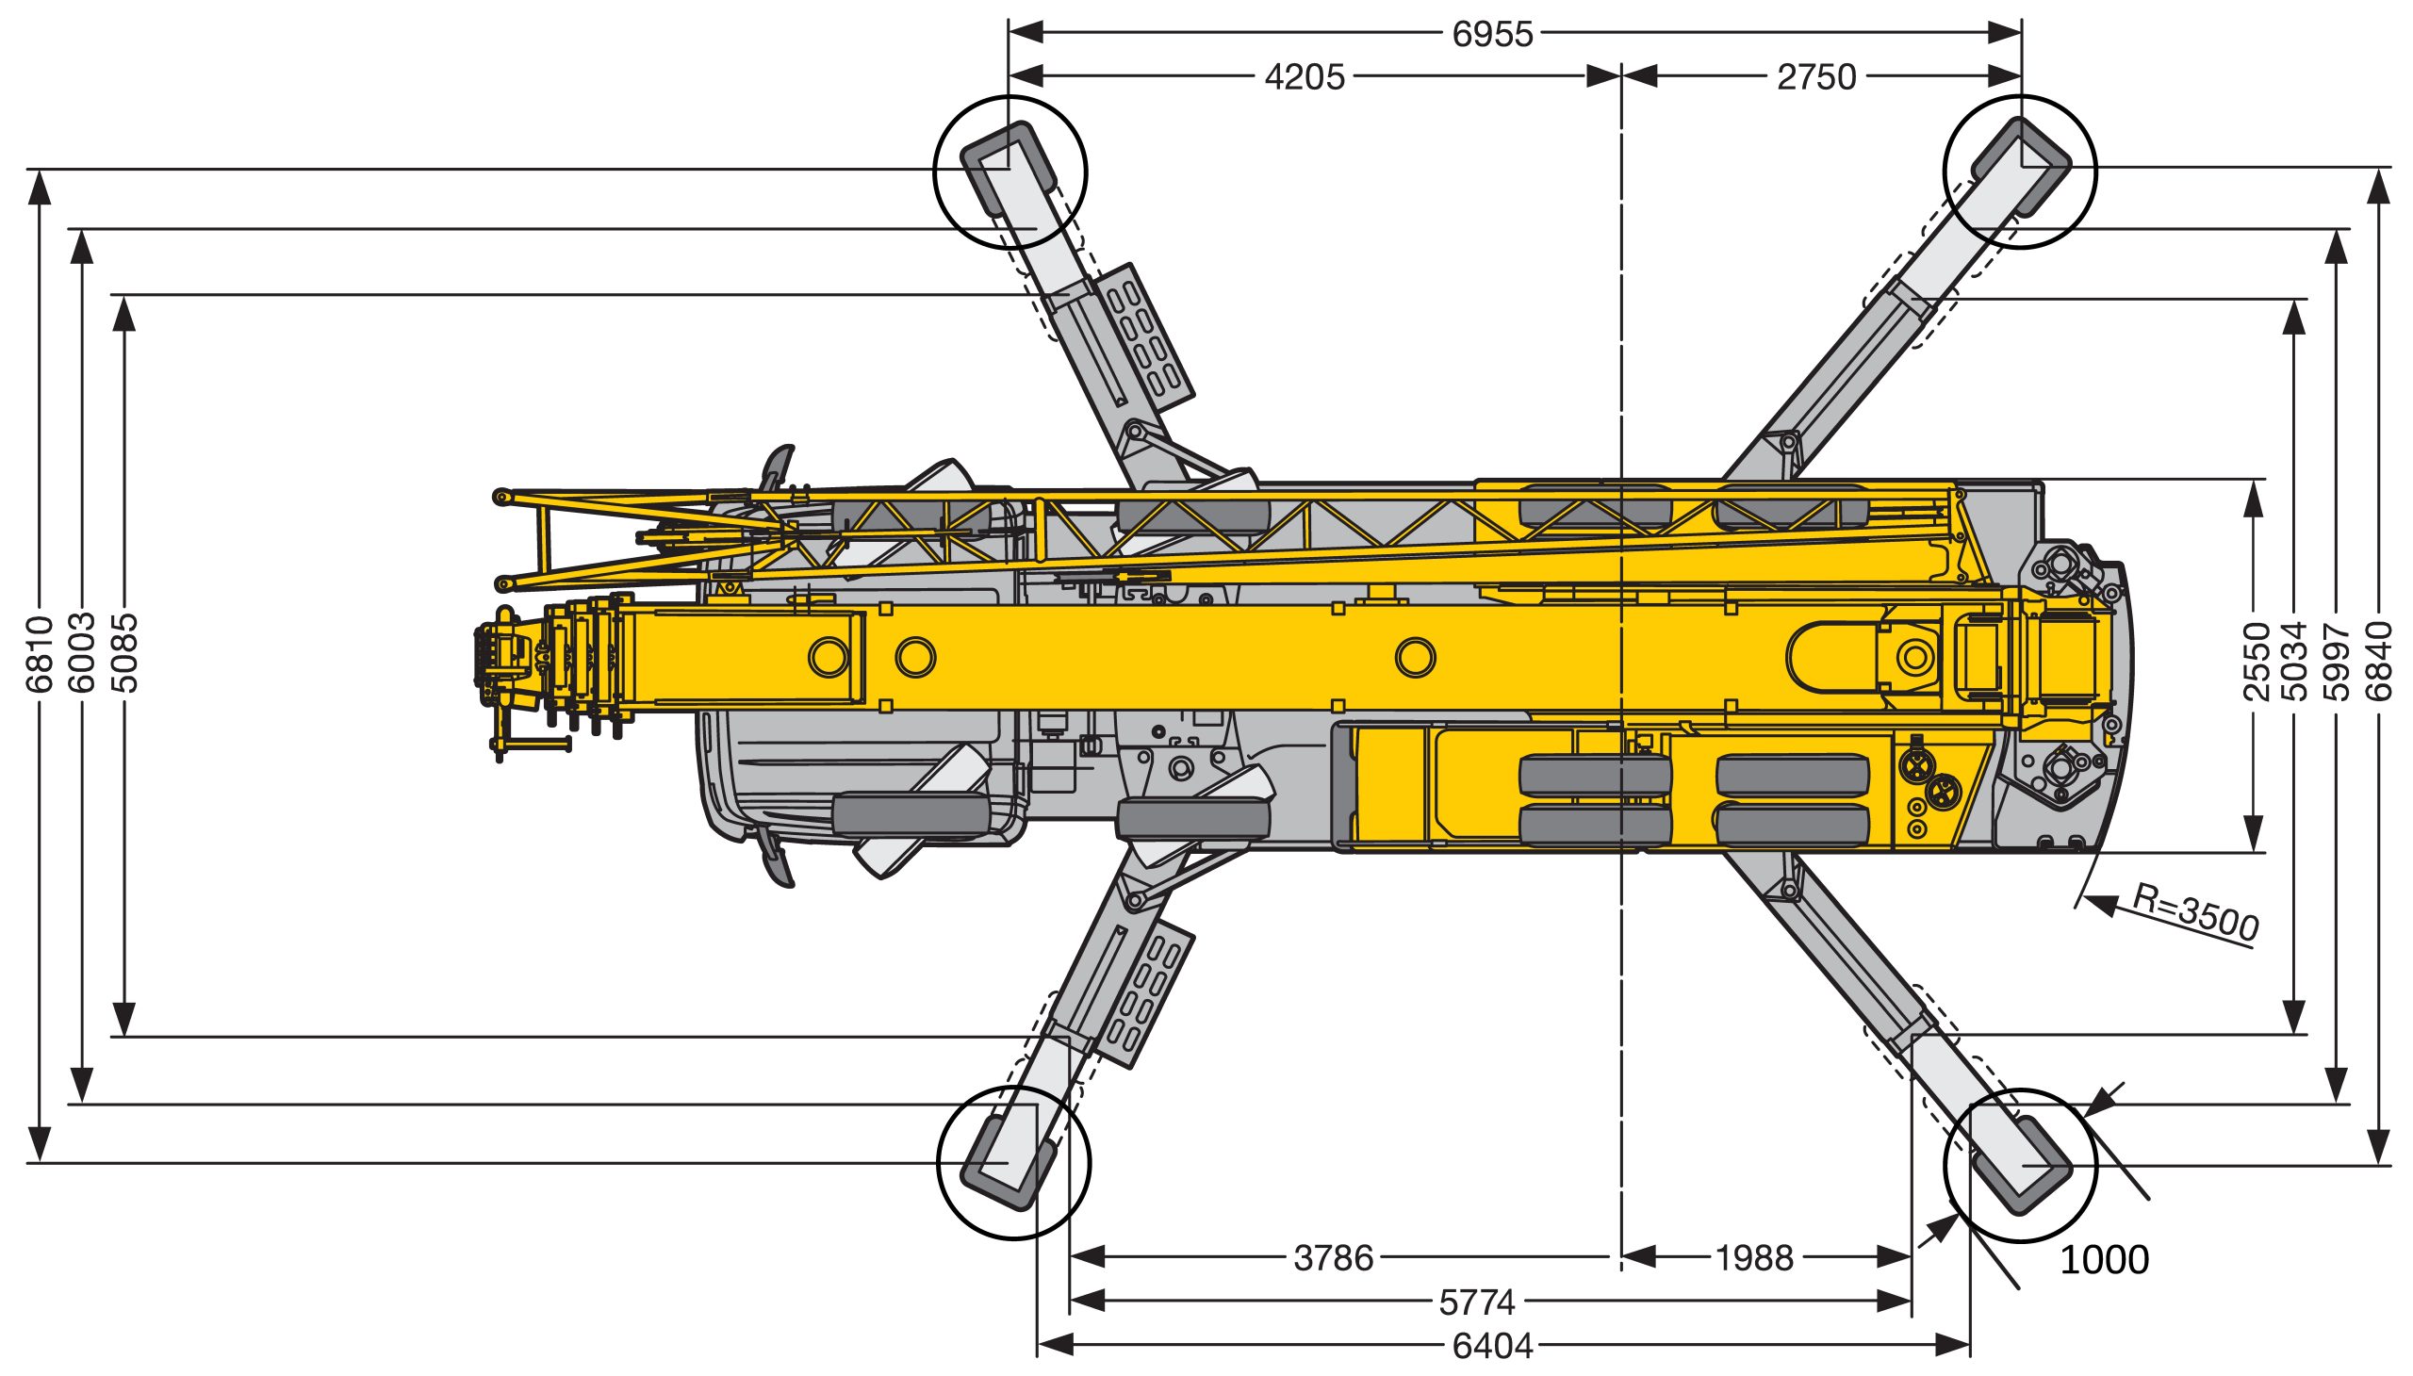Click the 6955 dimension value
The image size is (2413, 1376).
1492,34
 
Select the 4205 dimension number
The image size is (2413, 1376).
1305,77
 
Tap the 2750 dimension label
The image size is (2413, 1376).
1816,77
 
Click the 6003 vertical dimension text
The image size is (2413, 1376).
82,653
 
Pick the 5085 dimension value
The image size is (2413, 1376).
123,653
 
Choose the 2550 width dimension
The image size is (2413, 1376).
2257,661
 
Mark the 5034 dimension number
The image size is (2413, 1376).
2294,661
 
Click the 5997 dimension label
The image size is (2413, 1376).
2336,661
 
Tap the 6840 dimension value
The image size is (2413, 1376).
2378,661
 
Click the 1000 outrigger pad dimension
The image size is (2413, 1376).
2104,1260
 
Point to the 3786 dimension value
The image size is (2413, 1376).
1333,1258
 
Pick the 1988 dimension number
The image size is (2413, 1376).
1754,1258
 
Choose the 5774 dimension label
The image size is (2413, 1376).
1477,1303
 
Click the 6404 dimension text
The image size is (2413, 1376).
1492,1346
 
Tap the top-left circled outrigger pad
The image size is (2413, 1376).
1010,172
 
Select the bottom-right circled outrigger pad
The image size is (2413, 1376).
2021,1165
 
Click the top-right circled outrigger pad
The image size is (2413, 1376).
2020,171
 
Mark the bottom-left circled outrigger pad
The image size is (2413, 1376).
1013,1161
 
